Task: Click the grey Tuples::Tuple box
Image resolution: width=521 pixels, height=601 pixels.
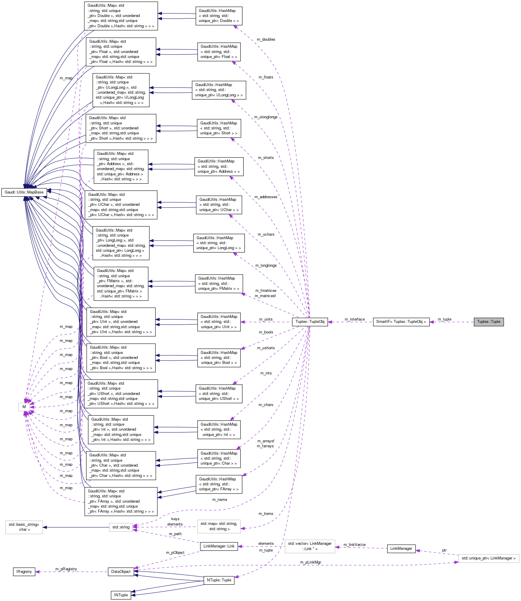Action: (488, 322)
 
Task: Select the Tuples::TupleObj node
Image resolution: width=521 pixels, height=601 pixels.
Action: (310, 322)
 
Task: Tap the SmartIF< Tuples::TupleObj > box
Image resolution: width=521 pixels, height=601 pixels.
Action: (401, 322)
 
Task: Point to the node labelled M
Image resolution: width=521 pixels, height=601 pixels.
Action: (24, 407)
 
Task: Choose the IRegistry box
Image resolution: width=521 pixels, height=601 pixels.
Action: (24, 571)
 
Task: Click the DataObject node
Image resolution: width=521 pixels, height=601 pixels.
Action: (121, 571)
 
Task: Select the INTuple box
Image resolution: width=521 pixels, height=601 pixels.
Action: (121, 595)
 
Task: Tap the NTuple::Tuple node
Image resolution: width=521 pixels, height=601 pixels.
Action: (219, 580)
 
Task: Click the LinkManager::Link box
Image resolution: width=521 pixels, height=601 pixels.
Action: (219, 546)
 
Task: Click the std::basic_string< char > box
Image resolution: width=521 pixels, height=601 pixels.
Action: (24, 527)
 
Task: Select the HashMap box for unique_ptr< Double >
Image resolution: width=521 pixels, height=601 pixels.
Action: (219, 16)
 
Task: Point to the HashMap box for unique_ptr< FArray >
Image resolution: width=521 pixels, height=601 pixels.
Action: (219, 484)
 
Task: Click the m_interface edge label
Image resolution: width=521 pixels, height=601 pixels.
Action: (355, 319)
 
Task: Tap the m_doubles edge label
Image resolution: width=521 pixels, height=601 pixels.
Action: (266, 40)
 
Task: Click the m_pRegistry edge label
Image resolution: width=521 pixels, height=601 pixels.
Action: (66, 569)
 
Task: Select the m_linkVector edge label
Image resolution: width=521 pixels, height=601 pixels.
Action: (355, 545)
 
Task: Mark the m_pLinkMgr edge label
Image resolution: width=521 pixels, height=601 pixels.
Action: (310, 562)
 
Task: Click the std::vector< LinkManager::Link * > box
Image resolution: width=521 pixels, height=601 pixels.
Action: (310, 546)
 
